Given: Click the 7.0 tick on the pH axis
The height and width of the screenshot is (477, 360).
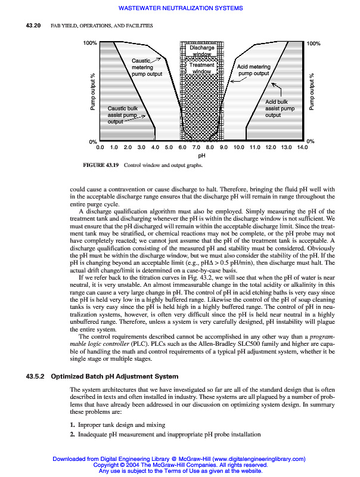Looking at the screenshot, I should pyautogui.click(x=196, y=147).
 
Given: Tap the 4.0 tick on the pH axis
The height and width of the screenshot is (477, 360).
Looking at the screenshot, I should pyautogui.click(x=155, y=147).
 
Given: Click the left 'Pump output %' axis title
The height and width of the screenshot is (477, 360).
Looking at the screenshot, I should pyautogui.click(x=93, y=93).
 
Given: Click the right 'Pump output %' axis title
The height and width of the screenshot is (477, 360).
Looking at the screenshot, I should pyautogui.click(x=312, y=93).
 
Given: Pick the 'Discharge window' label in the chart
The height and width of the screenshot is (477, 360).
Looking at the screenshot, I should pyautogui.click(x=201, y=51).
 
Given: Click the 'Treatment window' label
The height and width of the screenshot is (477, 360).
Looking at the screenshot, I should pyautogui.click(x=201, y=68).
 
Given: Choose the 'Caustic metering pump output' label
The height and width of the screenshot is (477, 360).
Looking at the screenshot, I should pyautogui.click(x=146, y=67).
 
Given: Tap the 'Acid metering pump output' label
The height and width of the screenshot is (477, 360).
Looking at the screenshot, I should pyautogui.click(x=254, y=70).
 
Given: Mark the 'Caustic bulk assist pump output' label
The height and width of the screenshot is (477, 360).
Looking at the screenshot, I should pyautogui.click(x=123, y=114).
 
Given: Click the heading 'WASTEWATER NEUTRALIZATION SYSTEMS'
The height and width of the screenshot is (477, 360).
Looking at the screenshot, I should pyautogui.click(x=181, y=8).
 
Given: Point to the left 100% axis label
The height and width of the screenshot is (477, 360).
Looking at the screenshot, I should pyautogui.click(x=90, y=44).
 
